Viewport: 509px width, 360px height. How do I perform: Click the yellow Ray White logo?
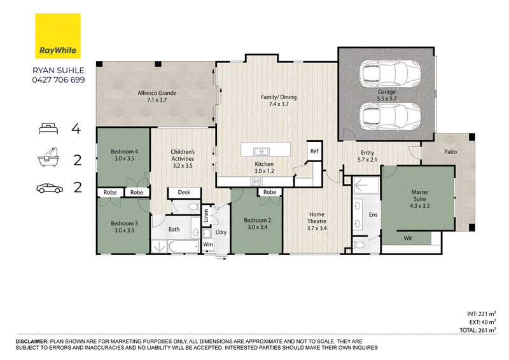coord(58,36)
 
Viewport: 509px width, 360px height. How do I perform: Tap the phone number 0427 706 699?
coord(59,80)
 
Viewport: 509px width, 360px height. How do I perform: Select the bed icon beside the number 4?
coord(48,128)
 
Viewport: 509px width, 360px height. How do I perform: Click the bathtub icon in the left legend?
coord(48,157)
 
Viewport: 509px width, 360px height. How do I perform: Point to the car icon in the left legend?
coord(50,188)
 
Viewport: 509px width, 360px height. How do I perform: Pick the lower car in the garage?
coord(390,116)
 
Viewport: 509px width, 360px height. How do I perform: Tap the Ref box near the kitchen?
coord(314,151)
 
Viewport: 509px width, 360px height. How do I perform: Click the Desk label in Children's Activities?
coord(184,193)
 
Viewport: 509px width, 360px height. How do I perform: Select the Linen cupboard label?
coord(206,216)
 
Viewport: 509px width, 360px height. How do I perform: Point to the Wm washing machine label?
coord(208,244)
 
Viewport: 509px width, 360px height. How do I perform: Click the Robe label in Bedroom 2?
coord(269,192)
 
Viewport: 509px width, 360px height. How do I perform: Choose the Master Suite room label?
coord(420,195)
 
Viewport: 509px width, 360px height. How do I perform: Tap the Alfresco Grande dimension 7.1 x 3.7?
coord(157,100)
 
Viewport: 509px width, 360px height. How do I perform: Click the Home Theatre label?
coord(317,218)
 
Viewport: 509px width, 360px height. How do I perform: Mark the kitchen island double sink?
coord(261,151)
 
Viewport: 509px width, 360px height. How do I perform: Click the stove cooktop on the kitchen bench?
coord(256,181)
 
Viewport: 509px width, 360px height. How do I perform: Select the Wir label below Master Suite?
coord(408,238)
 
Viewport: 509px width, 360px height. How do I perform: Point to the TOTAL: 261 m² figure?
coord(478,330)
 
